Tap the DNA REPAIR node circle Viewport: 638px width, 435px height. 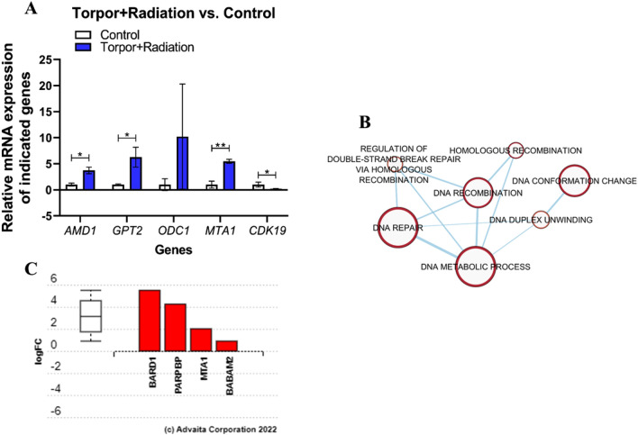[398, 229]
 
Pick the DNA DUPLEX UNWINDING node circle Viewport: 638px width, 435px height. [540, 219]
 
